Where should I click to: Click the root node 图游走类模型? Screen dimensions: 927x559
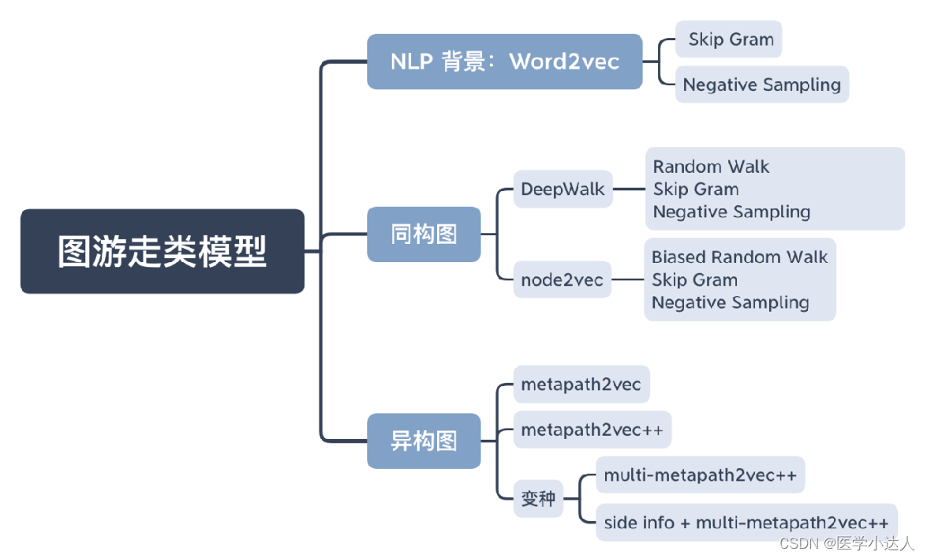(162, 251)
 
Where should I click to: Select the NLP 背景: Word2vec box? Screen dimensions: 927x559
(504, 62)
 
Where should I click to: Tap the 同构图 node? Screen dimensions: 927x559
(424, 234)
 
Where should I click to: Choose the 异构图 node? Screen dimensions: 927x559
(424, 441)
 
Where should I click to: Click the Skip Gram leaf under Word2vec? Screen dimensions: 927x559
(728, 39)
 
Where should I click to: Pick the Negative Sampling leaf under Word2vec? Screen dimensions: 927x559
(761, 84)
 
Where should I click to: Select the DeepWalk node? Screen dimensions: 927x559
(563, 189)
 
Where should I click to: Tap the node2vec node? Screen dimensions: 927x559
(562, 279)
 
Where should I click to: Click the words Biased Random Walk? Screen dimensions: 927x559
(739, 257)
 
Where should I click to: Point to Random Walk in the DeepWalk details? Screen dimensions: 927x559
(711, 167)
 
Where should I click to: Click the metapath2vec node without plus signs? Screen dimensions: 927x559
(581, 385)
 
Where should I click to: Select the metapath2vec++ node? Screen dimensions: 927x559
(592, 430)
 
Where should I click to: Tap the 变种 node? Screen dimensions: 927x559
(538, 499)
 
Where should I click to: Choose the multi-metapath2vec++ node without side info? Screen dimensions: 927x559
(700, 475)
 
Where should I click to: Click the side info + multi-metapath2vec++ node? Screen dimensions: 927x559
(746, 523)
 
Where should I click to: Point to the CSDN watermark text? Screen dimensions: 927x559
(846, 544)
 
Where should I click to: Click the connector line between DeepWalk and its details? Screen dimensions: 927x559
(629, 189)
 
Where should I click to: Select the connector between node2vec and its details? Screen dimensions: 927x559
(628, 279)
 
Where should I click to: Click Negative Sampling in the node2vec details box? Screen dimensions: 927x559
(730, 303)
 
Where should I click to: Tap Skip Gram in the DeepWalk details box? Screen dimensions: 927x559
(696, 189)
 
